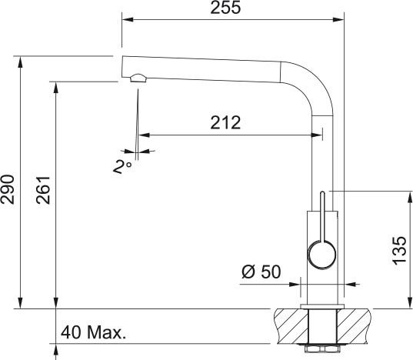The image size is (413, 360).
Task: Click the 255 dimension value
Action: (225, 8)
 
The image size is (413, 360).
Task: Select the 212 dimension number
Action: (225, 122)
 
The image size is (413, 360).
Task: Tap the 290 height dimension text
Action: (8, 189)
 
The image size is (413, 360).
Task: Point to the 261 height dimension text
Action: (43, 190)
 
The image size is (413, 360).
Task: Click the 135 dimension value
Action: (399, 251)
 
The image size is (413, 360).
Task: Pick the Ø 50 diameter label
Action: (261, 272)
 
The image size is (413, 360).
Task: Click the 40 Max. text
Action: (93, 332)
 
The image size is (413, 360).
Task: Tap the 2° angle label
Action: (122, 167)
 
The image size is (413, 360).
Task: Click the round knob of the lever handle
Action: (322, 255)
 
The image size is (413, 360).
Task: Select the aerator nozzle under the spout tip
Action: (138, 78)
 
